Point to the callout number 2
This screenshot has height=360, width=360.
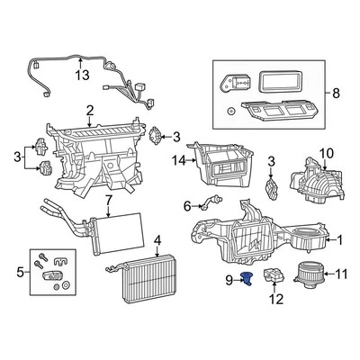pos(90,111)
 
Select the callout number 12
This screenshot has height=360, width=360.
pos(276,299)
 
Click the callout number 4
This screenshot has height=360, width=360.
pos(157,240)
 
